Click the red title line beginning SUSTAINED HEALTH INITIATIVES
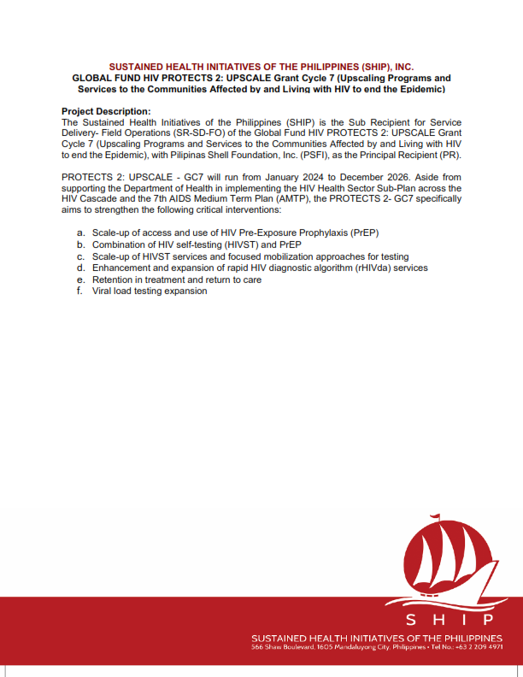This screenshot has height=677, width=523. (261, 66)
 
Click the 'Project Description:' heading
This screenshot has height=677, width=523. (106, 112)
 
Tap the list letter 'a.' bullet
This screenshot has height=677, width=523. (80, 233)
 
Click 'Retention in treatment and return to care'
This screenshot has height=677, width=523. (177, 280)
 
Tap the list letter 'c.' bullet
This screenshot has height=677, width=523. (80, 256)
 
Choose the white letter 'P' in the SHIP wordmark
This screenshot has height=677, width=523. (489, 619)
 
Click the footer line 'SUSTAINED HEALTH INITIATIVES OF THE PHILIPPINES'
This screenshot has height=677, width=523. (376, 638)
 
